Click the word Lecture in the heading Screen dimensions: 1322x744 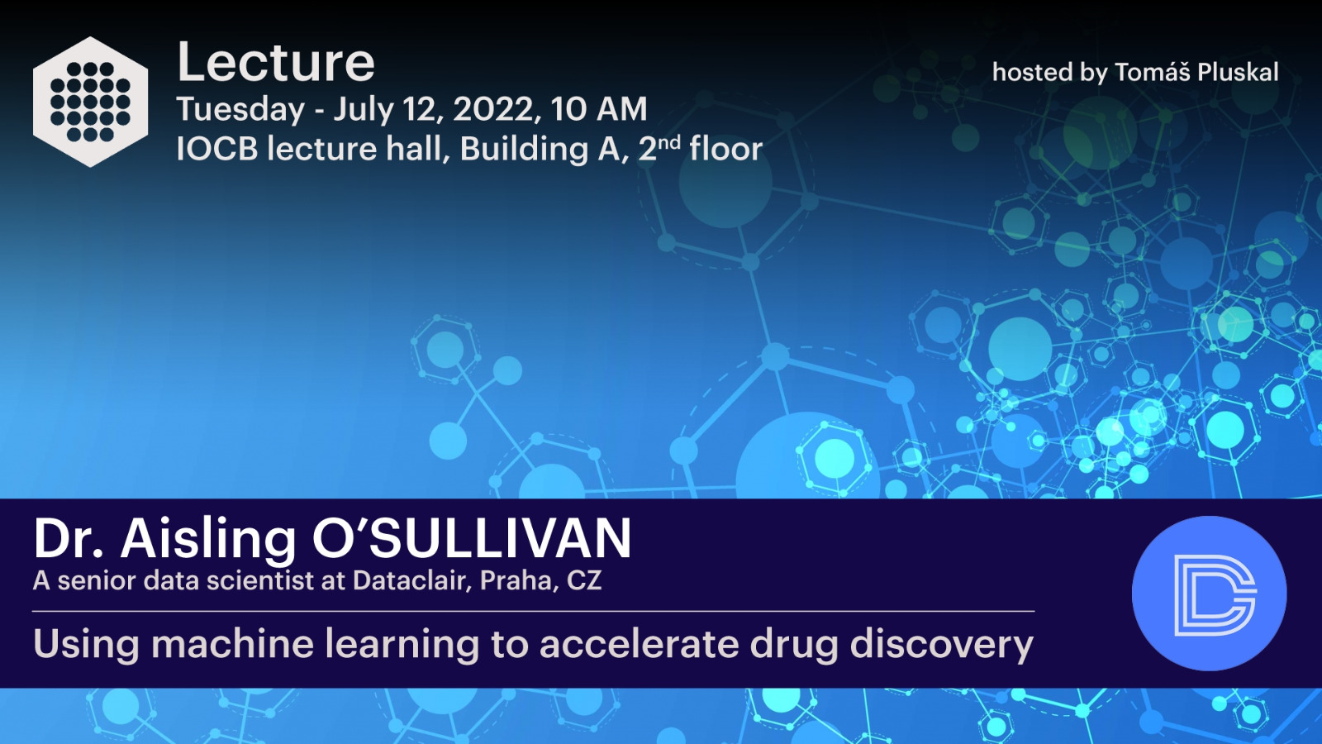(276, 62)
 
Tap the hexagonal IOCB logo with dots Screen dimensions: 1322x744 (90, 102)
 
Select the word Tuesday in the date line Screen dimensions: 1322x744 (240, 111)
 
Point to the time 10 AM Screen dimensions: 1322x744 (599, 109)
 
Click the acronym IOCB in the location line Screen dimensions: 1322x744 (217, 149)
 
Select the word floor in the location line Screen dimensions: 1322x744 (726, 148)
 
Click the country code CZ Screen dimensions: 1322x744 (584, 581)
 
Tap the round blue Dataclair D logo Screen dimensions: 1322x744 (1210, 594)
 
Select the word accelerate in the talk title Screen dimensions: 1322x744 (639, 644)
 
